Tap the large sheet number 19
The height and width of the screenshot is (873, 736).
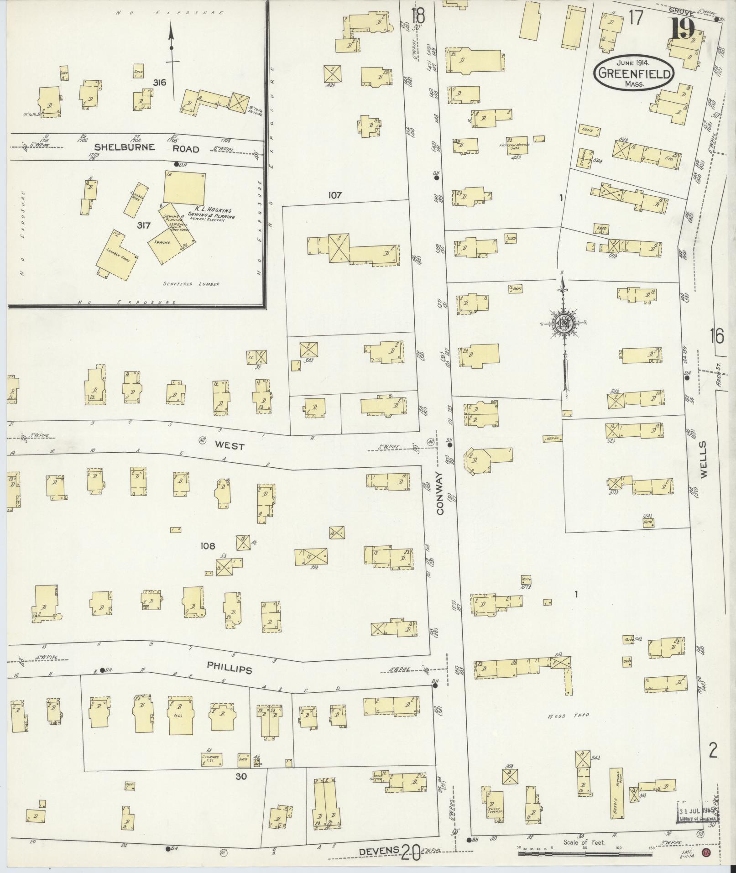click(683, 29)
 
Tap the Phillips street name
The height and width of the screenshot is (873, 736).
click(230, 669)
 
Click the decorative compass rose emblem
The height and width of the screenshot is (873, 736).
click(564, 324)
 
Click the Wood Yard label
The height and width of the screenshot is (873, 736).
click(569, 716)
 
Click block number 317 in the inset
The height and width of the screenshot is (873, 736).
click(144, 225)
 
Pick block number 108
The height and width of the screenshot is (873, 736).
click(207, 546)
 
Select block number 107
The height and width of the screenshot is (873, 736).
click(335, 195)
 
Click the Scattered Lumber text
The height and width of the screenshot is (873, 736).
click(191, 284)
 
